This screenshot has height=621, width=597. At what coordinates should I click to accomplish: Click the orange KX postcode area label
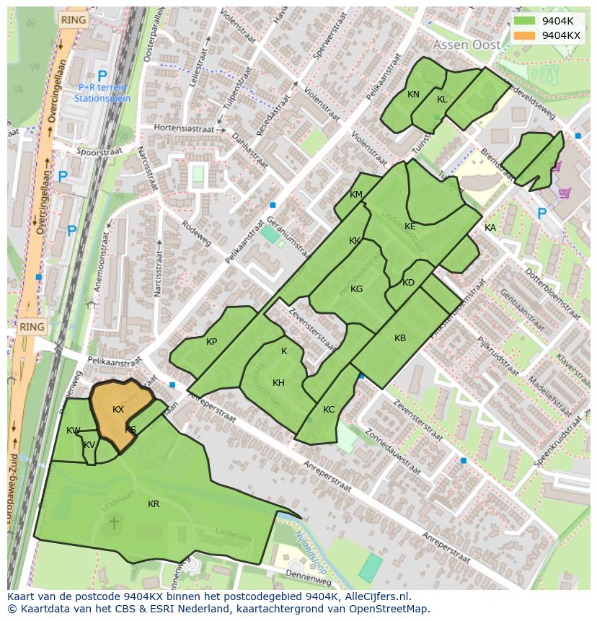click(118, 409)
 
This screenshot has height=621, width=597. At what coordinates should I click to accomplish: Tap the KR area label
click(154, 503)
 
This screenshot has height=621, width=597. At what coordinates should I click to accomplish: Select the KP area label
click(211, 342)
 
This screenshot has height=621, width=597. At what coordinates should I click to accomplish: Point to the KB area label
click(400, 338)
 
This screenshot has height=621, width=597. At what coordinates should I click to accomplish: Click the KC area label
click(329, 410)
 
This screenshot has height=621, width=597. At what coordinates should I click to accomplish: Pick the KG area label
click(356, 289)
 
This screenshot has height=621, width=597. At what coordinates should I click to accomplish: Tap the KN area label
click(413, 94)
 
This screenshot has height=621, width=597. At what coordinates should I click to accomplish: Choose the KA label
click(490, 228)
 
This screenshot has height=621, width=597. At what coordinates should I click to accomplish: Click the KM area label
click(356, 195)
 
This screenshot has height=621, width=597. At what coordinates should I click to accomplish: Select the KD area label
click(408, 283)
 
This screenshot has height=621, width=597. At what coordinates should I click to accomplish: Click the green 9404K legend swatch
click(525, 21)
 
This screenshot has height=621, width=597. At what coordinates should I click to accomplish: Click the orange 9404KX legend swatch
click(525, 35)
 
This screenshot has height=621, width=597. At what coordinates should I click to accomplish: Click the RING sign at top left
click(72, 19)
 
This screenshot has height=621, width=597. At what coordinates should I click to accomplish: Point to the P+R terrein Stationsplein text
click(102, 92)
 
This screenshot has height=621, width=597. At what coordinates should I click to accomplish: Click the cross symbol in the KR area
click(113, 522)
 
